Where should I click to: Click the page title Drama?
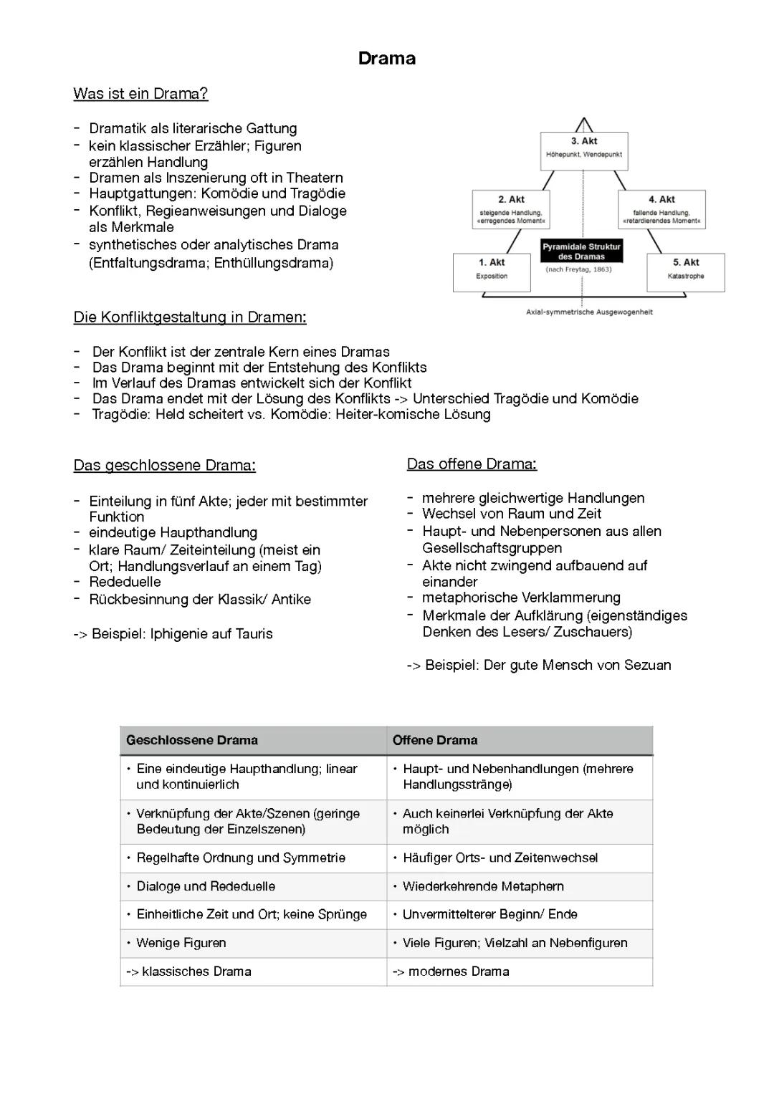(387, 59)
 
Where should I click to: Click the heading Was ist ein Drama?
(140, 94)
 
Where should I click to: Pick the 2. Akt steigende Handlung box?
(511, 209)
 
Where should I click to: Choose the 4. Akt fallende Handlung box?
(661, 209)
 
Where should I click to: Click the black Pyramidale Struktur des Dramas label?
(581, 251)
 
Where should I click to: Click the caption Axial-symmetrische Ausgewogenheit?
(589, 312)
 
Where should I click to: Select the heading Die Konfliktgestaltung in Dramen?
(190, 317)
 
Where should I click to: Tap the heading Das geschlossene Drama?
(164, 466)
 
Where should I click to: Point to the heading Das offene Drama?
(472, 464)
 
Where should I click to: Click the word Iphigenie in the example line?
(178, 634)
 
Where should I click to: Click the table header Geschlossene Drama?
(192, 740)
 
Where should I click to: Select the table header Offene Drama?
(435, 740)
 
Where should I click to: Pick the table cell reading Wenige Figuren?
(181, 944)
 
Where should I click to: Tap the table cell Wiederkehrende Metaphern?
(483, 887)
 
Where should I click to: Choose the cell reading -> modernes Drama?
(451, 972)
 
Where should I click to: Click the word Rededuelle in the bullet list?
(125, 582)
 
